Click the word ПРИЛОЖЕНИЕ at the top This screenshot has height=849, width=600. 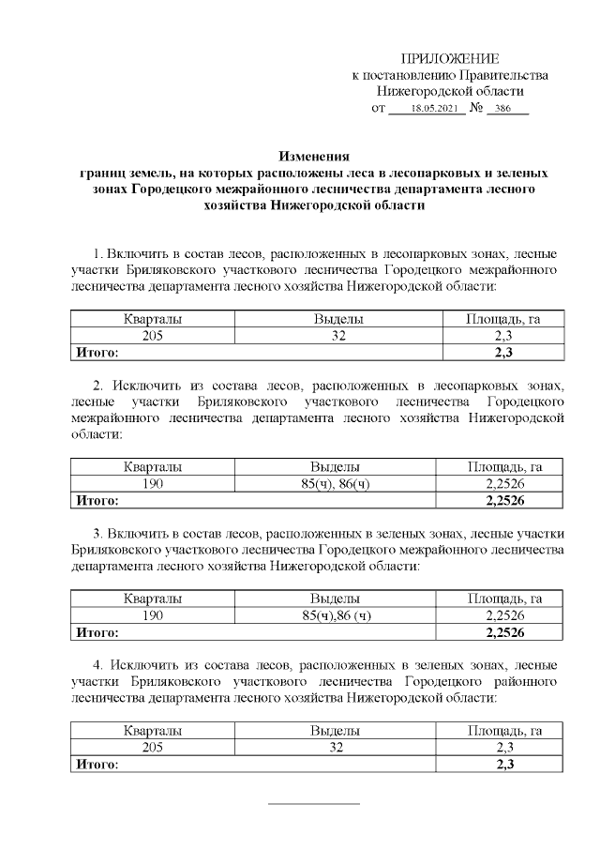pos(449,59)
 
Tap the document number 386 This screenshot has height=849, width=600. pos(510,109)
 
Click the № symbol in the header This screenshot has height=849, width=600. pos(476,109)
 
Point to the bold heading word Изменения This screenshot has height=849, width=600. pos(315,157)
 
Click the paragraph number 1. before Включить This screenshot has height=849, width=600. pos(99,254)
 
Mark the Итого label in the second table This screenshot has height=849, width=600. pos(96,499)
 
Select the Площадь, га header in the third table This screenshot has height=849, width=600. pos(503,599)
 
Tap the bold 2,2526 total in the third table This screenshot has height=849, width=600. pos(503,631)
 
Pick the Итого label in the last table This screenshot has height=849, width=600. pos(96,764)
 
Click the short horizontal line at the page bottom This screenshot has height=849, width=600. pos(314,804)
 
